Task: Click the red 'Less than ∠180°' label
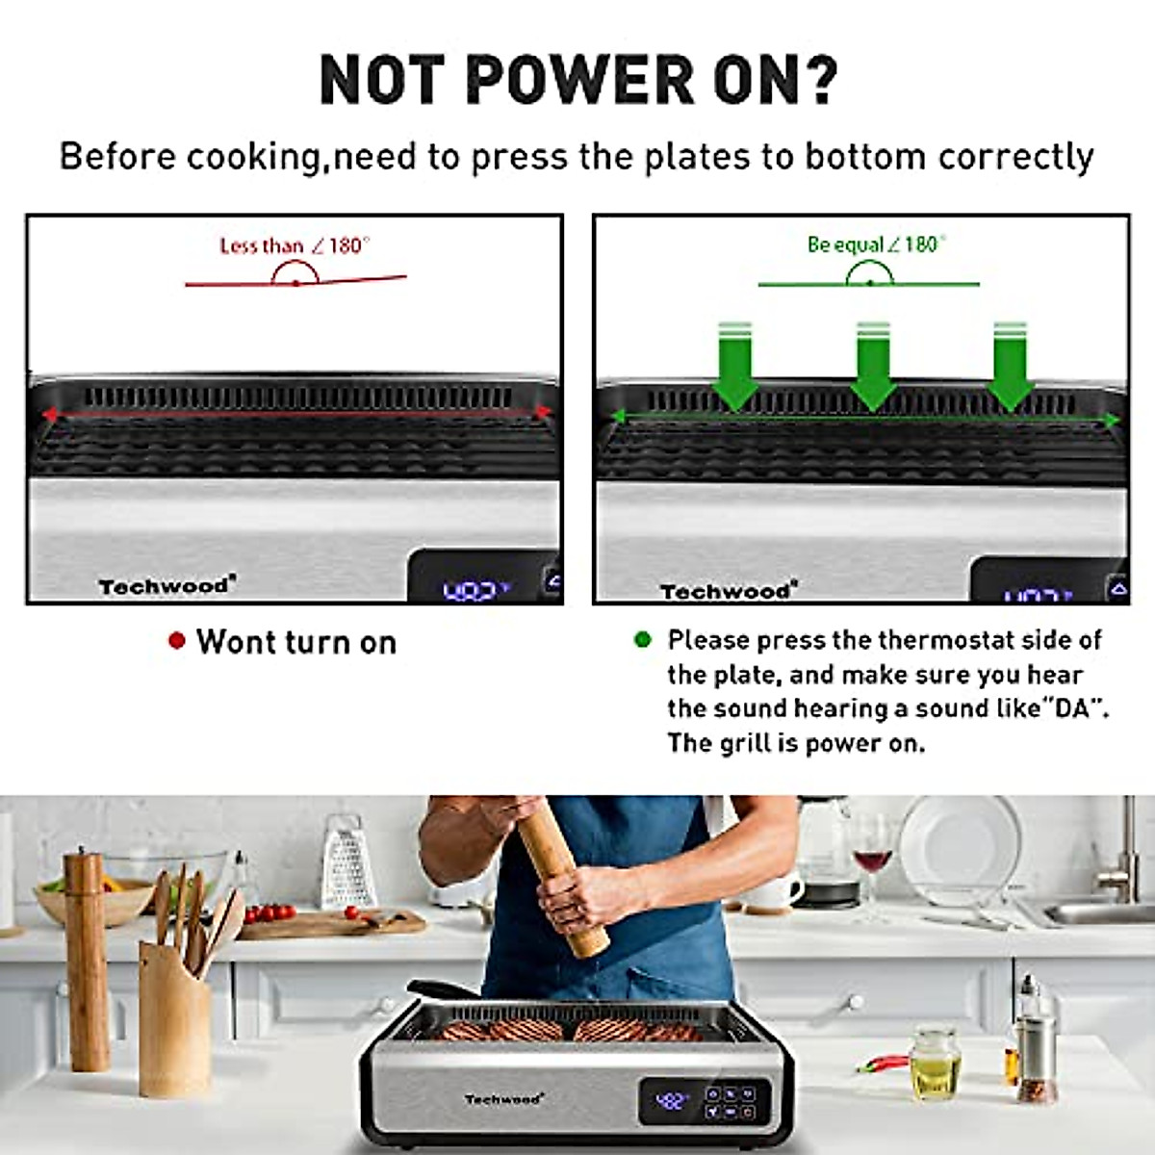[x=295, y=246]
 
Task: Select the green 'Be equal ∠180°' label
[x=876, y=244]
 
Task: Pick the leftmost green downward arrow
[x=733, y=366]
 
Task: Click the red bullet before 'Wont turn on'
[x=176, y=640]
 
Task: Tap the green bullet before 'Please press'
[x=643, y=639]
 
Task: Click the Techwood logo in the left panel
[x=167, y=585]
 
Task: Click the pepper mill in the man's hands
[x=563, y=876]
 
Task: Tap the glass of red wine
[x=872, y=857]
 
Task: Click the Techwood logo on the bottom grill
[x=504, y=1098]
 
